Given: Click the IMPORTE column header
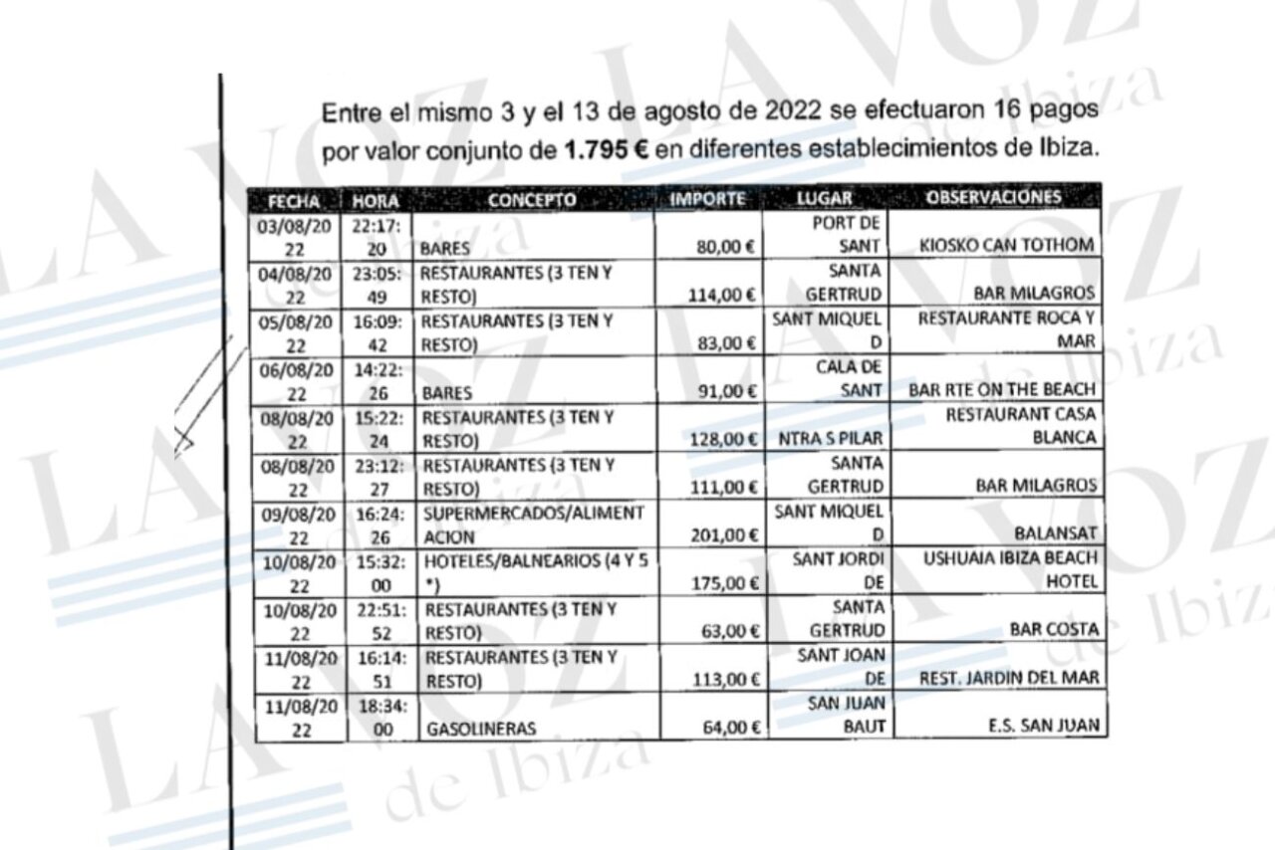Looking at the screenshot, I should (707, 199).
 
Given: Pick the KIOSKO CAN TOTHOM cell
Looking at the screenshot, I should (1007, 246).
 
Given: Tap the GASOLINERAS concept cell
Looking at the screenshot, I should (480, 729).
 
